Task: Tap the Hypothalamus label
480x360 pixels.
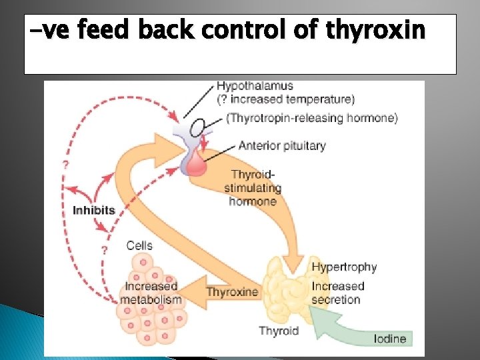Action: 255,86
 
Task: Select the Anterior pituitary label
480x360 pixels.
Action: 282,145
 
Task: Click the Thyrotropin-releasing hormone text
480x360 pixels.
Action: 313,118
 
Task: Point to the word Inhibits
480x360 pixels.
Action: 94,210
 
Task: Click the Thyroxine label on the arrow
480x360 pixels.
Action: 232,292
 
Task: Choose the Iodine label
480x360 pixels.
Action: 390,339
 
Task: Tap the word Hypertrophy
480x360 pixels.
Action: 344,267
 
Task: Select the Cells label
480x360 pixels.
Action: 139,245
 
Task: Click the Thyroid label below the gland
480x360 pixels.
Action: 279,331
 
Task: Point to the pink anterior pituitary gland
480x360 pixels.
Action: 196,162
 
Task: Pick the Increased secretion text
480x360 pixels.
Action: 338,293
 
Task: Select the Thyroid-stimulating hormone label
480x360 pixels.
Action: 253,187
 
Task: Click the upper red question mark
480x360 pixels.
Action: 65,164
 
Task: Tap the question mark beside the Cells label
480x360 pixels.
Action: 104,250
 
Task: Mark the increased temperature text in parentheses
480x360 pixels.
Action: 286,99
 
